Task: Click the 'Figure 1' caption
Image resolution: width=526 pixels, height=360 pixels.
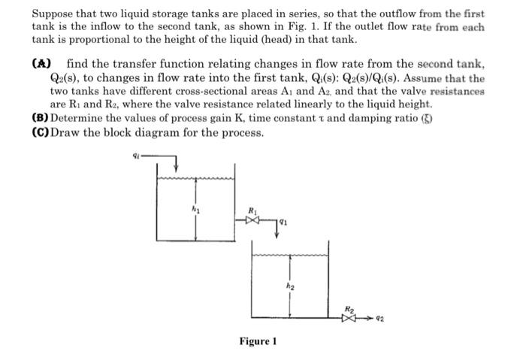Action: point(258,341)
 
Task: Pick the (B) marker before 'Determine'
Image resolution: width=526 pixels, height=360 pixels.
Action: point(40,118)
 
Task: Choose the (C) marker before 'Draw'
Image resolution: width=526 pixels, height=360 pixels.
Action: point(40,132)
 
